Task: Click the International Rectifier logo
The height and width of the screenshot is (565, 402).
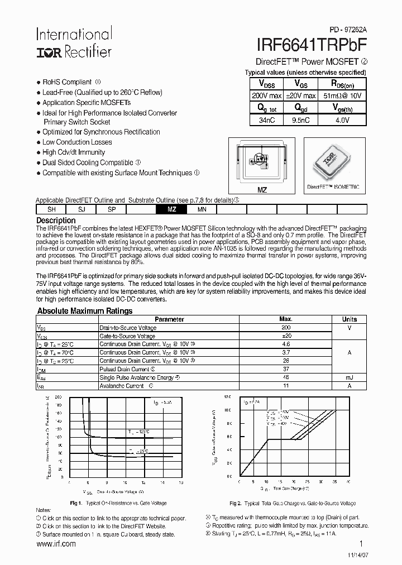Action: tap(74, 42)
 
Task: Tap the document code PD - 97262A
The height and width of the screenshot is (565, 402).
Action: tap(344, 28)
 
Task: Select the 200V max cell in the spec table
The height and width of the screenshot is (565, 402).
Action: tap(266, 95)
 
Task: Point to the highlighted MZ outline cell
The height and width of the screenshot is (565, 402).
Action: tap(171, 209)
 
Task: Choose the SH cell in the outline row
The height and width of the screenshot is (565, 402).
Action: tap(51, 209)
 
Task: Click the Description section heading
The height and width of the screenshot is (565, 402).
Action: tap(55, 221)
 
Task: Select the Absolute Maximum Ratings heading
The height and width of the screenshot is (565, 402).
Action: tap(84, 311)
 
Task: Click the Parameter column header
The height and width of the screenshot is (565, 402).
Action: tap(169, 319)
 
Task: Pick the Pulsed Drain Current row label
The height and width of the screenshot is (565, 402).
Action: tap(124, 369)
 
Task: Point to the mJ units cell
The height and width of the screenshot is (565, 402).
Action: tap(349, 377)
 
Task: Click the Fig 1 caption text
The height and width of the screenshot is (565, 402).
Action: tap(118, 503)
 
